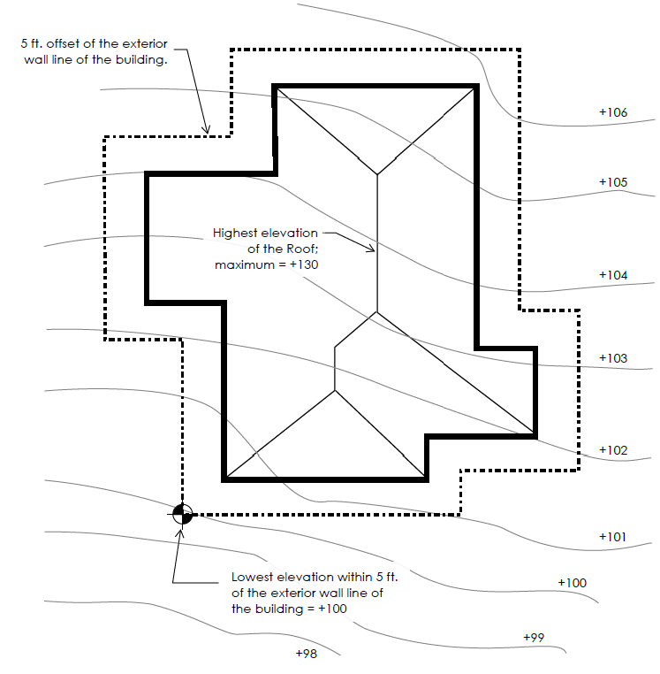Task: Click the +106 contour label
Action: click(613, 112)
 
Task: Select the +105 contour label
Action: click(613, 182)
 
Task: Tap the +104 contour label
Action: click(613, 275)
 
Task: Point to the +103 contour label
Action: click(613, 358)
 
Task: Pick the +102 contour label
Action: click(613, 450)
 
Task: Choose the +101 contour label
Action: click(613, 537)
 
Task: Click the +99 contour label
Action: click(534, 637)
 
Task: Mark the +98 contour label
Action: click(307, 654)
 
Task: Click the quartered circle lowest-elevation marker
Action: click(183, 514)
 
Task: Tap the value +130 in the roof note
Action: click(304, 264)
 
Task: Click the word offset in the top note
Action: click(63, 44)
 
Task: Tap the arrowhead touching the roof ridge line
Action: click(370, 248)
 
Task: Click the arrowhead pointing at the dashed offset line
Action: click(207, 128)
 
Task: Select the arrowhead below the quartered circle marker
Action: click(180, 534)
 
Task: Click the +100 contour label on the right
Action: click(572, 583)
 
